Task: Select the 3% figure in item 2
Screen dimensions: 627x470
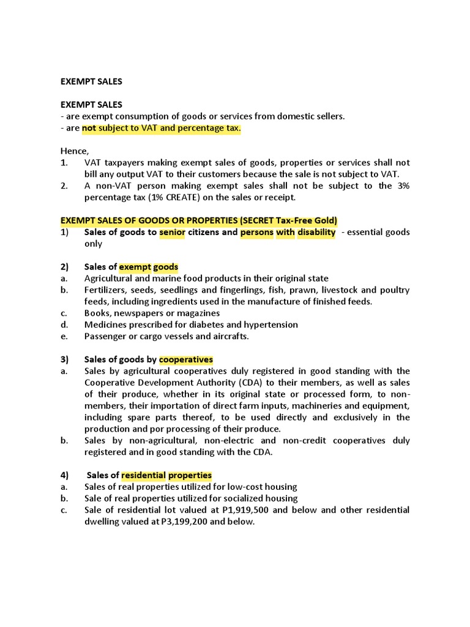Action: point(401,186)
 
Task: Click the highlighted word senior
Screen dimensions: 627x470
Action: point(172,232)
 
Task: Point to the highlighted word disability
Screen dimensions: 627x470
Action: point(316,232)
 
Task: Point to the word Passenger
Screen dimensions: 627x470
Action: point(106,336)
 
